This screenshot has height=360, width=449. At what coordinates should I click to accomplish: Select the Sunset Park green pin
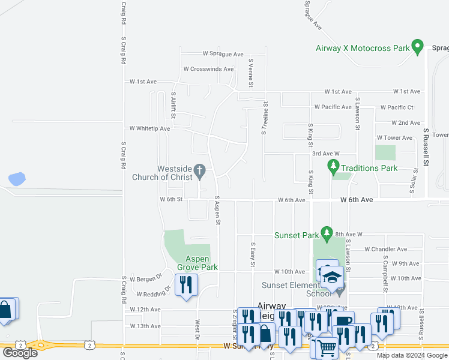[x=327, y=232]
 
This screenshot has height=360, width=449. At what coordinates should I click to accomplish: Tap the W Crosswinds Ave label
[x=208, y=69]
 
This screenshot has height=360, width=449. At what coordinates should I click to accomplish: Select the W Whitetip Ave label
[x=149, y=128]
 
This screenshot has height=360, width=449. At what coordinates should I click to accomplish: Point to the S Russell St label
[x=426, y=146]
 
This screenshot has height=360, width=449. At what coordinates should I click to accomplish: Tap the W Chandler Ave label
[x=385, y=249]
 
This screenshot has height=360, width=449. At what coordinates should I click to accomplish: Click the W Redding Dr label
[x=154, y=292]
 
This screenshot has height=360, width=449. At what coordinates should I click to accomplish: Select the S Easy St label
[x=253, y=255]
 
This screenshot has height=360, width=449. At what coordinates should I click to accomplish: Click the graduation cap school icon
[x=331, y=277]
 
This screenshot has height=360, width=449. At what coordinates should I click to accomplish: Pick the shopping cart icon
[x=327, y=347]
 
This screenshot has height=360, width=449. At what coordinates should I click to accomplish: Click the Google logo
[x=20, y=352]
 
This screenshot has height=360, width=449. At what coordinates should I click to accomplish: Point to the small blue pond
[x=17, y=178]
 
